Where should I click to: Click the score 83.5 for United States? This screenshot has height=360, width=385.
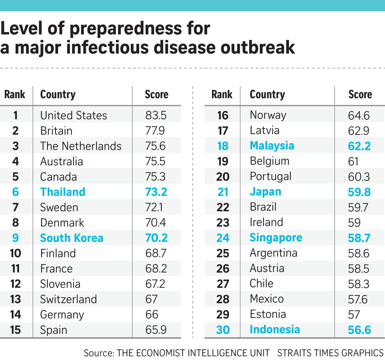(156, 115)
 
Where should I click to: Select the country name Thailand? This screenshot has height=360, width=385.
(63, 192)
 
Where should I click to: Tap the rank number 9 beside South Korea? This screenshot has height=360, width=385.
(16, 238)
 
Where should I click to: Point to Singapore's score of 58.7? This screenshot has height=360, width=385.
(359, 238)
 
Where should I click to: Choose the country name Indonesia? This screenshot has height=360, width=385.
(275, 329)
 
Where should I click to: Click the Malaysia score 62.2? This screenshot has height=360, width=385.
(359, 146)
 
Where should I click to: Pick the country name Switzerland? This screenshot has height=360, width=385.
(68, 299)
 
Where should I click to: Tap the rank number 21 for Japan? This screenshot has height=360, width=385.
(223, 192)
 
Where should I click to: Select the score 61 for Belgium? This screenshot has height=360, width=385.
(353, 161)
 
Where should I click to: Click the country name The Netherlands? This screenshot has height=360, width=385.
(81, 146)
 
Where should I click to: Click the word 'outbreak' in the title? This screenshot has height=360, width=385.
(258, 48)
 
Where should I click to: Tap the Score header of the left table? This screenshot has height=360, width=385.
(157, 94)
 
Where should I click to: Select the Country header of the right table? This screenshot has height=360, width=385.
(267, 95)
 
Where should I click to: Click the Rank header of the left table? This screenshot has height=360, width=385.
(15, 94)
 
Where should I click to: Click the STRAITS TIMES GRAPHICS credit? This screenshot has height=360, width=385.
(330, 353)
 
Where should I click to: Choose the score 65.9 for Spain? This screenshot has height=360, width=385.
(156, 330)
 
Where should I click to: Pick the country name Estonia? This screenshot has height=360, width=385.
(268, 314)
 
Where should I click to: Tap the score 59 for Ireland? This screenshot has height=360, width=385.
(354, 223)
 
